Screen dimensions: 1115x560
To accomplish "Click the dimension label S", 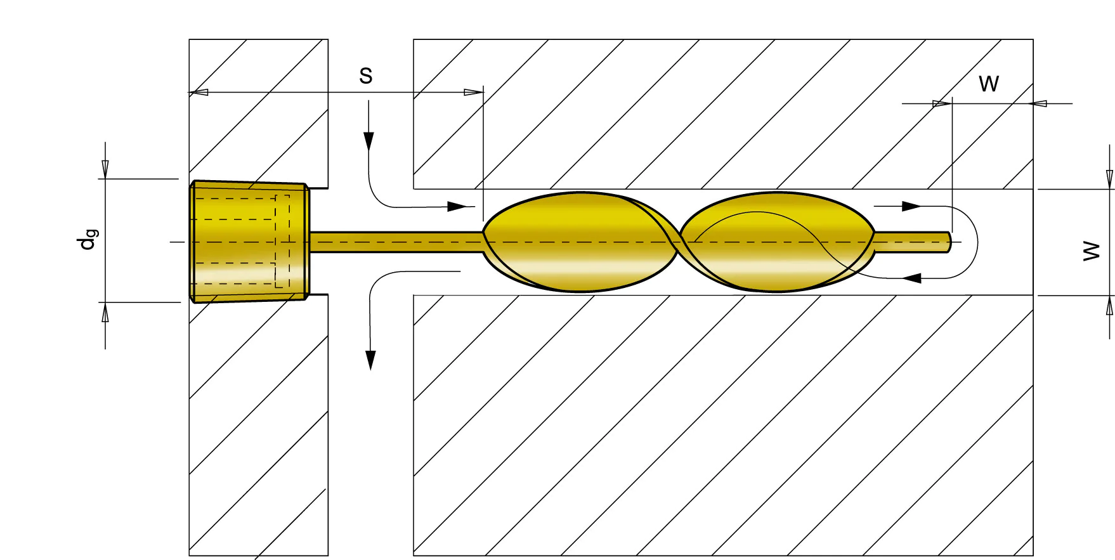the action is (x=366, y=76).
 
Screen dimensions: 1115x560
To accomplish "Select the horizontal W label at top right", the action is (x=989, y=84).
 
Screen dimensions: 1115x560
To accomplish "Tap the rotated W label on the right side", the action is (x=1092, y=251).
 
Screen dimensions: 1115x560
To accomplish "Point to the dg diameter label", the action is (x=88, y=239).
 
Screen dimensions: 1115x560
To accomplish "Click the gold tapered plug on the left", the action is (x=250, y=242).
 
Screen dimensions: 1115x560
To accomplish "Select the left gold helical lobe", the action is (x=580, y=242).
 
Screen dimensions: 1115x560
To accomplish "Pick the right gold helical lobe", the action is (x=778, y=242).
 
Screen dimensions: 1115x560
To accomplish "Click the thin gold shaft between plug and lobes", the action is (x=397, y=242).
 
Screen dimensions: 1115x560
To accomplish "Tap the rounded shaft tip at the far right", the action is (x=949, y=242).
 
